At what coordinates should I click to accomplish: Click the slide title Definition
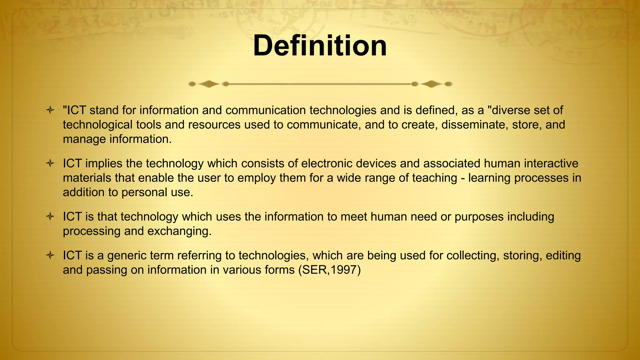pos(320,46)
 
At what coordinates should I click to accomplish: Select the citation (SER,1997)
pos(329,270)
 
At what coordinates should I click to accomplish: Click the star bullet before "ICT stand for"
pos(50,110)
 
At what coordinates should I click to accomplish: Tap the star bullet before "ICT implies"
pos(50,163)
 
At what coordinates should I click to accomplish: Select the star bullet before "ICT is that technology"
pos(50,217)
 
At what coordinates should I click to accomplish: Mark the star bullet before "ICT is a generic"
pos(50,256)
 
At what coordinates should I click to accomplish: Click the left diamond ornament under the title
pos(209,84)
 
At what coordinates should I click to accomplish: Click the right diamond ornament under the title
pos(431,84)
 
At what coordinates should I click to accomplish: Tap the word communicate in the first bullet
pos(322,125)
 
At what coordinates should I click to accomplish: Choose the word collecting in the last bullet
pos(472,256)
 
